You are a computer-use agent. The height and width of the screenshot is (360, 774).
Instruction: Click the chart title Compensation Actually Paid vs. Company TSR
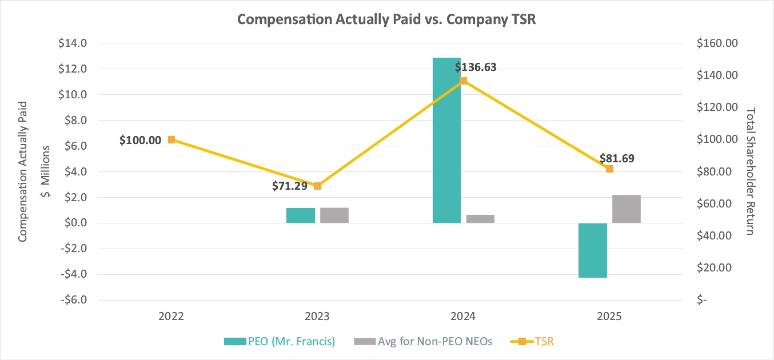pos(386,19)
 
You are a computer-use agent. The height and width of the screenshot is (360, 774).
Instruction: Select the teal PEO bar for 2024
pos(446,140)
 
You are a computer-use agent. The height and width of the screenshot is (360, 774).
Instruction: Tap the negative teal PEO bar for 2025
pos(593,250)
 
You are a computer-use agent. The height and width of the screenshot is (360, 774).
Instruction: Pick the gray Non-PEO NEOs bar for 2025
pos(627,209)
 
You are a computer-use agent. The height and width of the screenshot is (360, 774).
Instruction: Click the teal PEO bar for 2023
pos(301,215)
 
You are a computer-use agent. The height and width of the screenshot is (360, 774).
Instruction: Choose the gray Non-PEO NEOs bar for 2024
pos(480,219)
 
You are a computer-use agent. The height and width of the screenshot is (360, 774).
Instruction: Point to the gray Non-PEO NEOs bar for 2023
pos(334,215)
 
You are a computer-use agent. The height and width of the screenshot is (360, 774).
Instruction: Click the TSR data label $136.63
pos(476,67)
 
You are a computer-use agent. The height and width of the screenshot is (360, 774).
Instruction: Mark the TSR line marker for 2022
pos(171,139)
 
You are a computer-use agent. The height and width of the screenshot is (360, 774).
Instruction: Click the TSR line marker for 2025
pos(609,169)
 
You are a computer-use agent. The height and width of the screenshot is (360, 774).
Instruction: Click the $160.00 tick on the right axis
pos(715,43)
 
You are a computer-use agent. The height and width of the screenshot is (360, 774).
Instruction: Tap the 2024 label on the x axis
pos(463,316)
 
